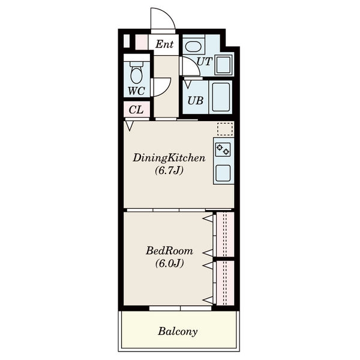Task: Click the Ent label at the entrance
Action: coord(164,44)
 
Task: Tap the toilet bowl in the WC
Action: coord(137,73)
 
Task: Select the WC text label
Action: coord(136,91)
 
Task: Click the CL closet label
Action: coord(136,110)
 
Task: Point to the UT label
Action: coord(204,62)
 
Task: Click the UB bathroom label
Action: coord(196,101)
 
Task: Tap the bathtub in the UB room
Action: coord(221,97)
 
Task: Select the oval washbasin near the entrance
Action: coord(193,47)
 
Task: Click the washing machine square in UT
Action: coord(223,65)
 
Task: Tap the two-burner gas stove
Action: coord(223,149)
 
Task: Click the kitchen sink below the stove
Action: coord(223,173)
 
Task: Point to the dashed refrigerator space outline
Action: coord(225,129)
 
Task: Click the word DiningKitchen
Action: coord(169,158)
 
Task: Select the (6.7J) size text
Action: coord(169,170)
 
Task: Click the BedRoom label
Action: coord(169,251)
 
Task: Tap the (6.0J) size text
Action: coord(169,263)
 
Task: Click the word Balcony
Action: coord(178,332)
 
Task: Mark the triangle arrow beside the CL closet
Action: coord(130,126)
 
